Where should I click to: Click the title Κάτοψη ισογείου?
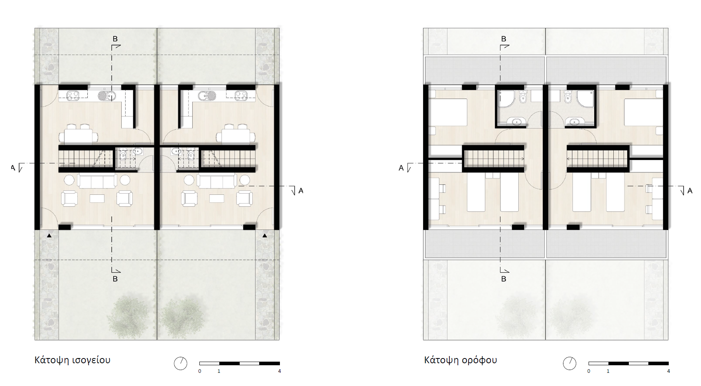click(72, 360)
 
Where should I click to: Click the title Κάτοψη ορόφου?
click(461, 360)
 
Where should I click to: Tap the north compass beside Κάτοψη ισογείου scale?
click(181, 363)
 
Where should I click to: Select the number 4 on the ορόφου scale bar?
click(669, 371)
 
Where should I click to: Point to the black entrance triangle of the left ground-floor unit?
click(49, 236)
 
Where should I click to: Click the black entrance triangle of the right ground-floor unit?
click(265, 236)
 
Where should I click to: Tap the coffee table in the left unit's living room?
click(97, 198)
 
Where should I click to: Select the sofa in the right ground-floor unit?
click(217, 181)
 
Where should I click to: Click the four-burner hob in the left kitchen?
click(73, 96)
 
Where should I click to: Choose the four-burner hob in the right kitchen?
click(241, 96)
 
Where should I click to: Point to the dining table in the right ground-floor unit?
click(236, 136)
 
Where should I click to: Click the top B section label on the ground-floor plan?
click(115, 39)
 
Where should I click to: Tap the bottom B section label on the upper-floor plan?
click(504, 279)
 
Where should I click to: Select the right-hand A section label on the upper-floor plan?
click(690, 191)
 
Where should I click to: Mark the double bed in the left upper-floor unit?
click(448, 112)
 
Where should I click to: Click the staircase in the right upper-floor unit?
click(597, 159)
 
